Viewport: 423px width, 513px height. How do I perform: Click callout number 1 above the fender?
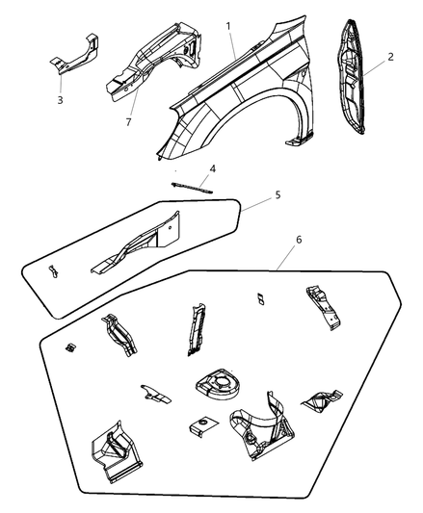click(x=228, y=26)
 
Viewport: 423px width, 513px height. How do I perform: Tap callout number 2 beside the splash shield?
click(x=390, y=57)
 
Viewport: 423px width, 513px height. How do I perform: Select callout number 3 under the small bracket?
click(x=60, y=100)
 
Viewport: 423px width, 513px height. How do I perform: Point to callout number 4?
click(x=213, y=168)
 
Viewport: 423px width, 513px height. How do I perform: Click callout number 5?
click(x=278, y=195)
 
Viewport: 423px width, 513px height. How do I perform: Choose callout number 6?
click(x=299, y=240)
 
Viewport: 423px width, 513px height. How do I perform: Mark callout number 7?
click(x=128, y=122)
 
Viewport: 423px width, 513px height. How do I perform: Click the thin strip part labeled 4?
click(x=192, y=188)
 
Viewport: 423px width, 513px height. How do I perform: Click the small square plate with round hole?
click(x=203, y=425)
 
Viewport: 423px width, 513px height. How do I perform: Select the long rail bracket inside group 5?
click(x=136, y=243)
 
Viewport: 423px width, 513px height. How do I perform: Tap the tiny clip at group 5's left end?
click(x=53, y=271)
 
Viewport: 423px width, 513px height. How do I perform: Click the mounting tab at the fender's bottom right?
click(x=299, y=141)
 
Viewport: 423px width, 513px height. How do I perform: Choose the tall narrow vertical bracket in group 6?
click(x=197, y=329)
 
